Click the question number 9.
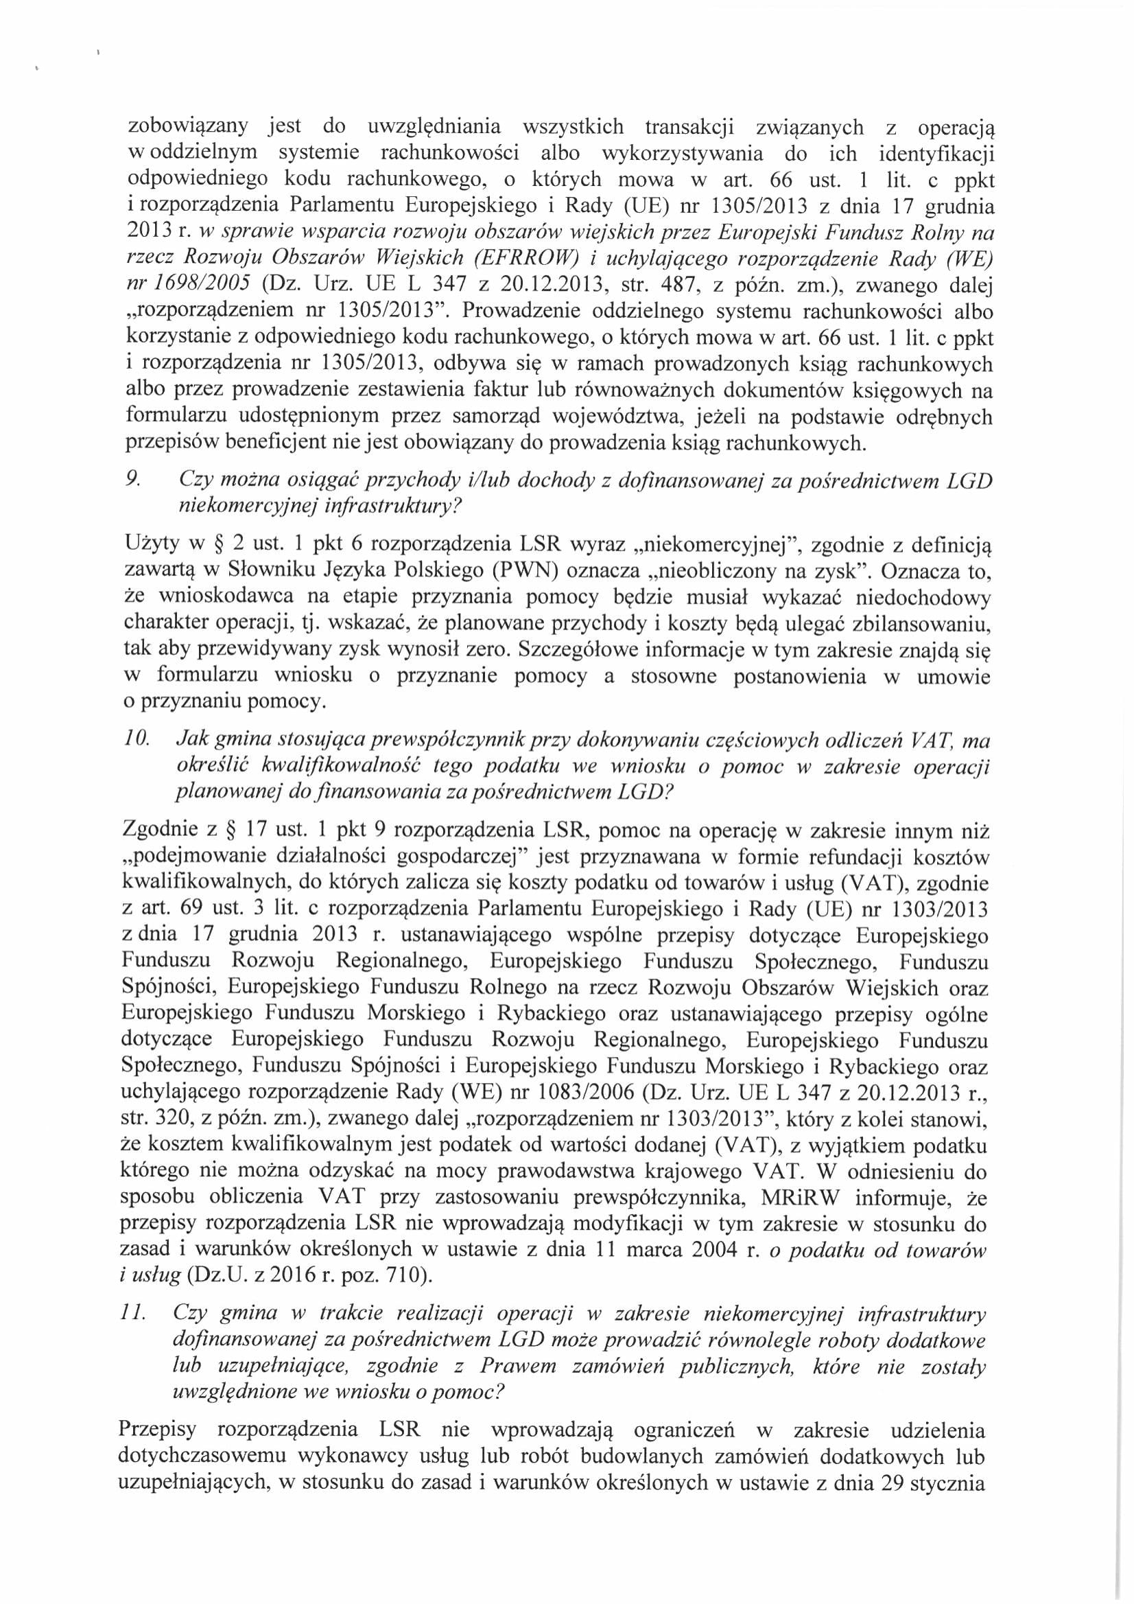[x=131, y=481]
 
